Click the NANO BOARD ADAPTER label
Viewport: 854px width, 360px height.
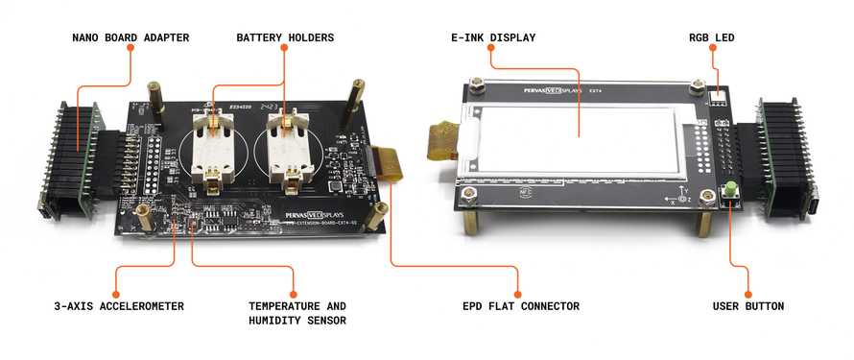[x=130, y=37]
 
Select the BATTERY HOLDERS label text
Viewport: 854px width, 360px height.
[x=285, y=37]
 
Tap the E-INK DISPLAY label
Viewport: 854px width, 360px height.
[x=493, y=37]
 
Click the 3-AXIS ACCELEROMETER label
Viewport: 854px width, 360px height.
[x=119, y=306]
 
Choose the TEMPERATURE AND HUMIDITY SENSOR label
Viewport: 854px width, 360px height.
[x=297, y=313]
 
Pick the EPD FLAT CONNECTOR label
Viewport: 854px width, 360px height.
[x=521, y=306]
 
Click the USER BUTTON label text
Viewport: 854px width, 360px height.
[x=748, y=306]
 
